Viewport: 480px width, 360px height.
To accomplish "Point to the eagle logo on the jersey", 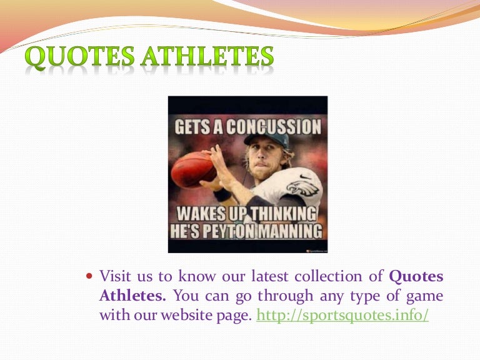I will [x=302, y=187].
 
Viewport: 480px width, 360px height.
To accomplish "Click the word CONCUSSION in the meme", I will [x=272, y=127].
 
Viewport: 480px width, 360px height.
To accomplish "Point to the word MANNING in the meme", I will [x=291, y=231].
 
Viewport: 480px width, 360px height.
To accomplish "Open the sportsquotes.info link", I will [x=343, y=315].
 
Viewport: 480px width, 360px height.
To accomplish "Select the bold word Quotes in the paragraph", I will [x=416, y=276].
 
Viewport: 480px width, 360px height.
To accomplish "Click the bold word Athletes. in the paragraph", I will [x=132, y=296].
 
